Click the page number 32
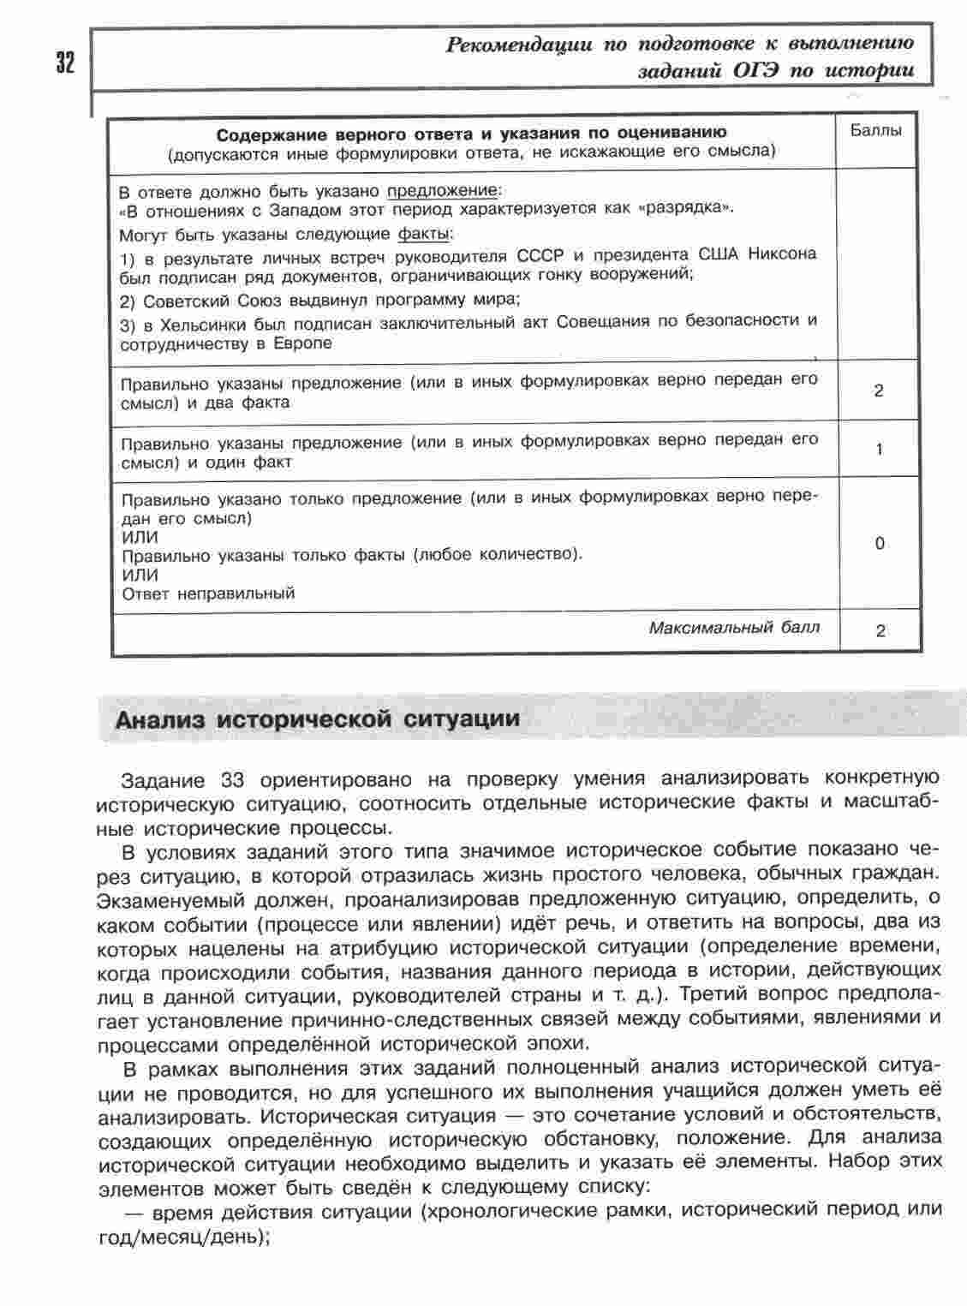coord(65,63)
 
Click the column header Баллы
coord(876,131)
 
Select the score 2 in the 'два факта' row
coord(878,391)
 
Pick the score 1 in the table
coord(879,450)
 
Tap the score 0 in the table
coord(880,544)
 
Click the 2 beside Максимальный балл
coord(880,631)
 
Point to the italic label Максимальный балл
coord(733,628)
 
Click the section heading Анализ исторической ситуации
coord(317,718)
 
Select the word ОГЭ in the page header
coord(755,71)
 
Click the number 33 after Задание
coord(233,780)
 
